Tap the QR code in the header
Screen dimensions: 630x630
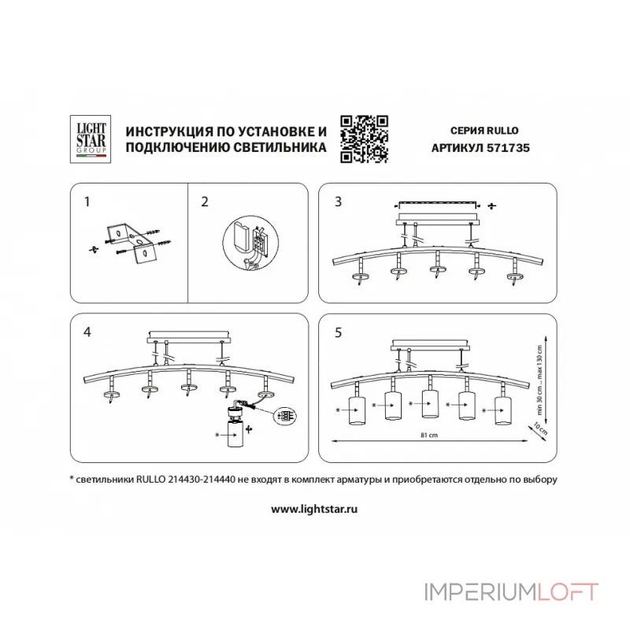pyautogui.click(x=365, y=139)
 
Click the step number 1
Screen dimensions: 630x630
pyautogui.click(x=87, y=202)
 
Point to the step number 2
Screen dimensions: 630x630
pyautogui.click(x=205, y=202)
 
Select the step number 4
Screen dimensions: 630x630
pyautogui.click(x=87, y=332)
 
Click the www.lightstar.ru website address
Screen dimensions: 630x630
pyautogui.click(x=315, y=509)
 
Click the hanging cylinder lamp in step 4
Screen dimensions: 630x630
pyautogui.click(x=234, y=432)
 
